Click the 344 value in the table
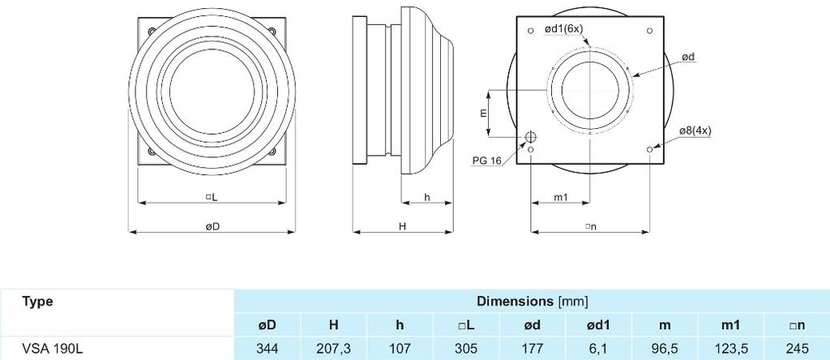pos(267,349)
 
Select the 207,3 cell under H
pos(333,349)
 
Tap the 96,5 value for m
pos(665,349)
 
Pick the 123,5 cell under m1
pos(730,349)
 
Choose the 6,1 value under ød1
pos(599,349)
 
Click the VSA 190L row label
pos(53,349)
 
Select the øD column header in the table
pos(267,325)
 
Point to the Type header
pos(37,302)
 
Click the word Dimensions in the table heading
pos(515,302)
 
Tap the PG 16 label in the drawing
pos(487,160)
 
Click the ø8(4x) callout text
pos(695,131)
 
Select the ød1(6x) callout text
pos(564,29)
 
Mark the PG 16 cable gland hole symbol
pos(530,138)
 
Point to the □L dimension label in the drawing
pos(212,197)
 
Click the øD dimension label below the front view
pos(212,226)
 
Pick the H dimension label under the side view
pos(402,226)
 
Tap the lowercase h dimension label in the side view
pos(426,197)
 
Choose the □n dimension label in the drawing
pos(591,226)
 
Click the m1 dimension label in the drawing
pos(561,197)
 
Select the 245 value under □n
pos(798,349)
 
